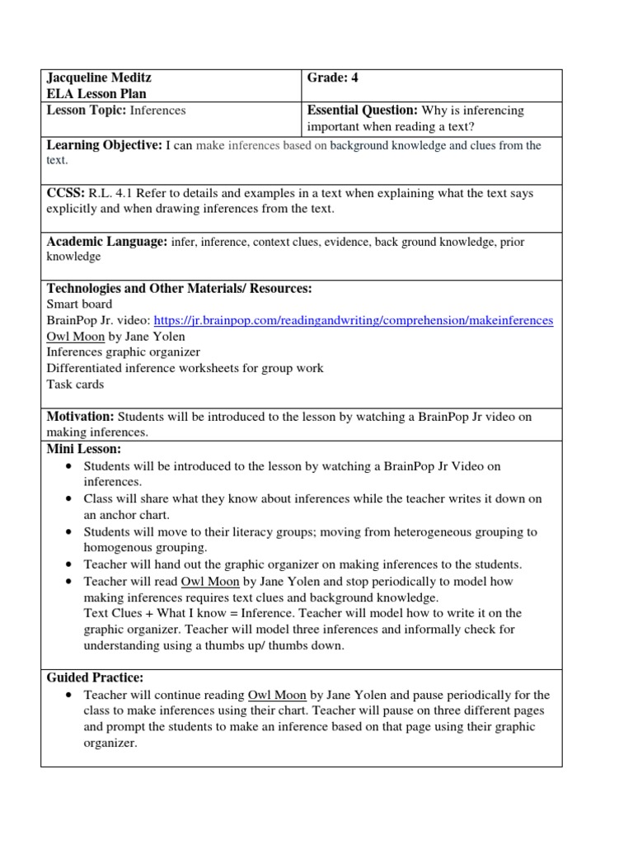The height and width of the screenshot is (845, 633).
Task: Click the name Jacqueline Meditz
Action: [99, 78]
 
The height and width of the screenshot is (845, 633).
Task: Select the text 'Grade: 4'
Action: [333, 78]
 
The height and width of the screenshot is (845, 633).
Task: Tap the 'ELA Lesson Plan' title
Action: [92, 94]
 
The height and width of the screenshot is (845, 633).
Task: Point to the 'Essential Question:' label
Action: [362, 111]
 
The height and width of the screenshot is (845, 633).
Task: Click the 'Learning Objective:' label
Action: [105, 145]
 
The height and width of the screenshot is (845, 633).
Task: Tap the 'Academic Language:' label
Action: [106, 242]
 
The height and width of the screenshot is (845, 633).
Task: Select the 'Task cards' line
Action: [76, 384]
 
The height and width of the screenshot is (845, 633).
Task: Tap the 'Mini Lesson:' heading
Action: [84, 449]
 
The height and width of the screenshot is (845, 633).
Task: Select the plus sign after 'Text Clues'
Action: [148, 613]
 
